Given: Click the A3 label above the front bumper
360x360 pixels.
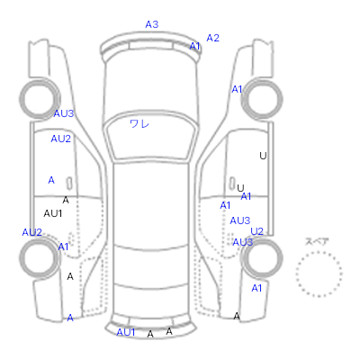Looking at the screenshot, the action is tap(152, 24).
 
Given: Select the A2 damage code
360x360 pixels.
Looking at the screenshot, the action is tap(212, 38).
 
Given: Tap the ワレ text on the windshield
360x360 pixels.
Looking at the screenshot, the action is tap(139, 123).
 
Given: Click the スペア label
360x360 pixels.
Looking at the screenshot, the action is tap(317, 241).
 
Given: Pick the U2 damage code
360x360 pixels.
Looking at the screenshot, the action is tap(256, 231).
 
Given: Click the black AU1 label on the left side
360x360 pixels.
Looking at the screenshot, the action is tap(53, 213).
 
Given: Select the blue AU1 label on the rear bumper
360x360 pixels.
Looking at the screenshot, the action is tap(126, 332).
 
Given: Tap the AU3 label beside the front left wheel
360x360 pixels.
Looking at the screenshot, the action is tap(64, 113).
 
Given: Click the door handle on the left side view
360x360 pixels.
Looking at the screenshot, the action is tap(69, 183).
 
